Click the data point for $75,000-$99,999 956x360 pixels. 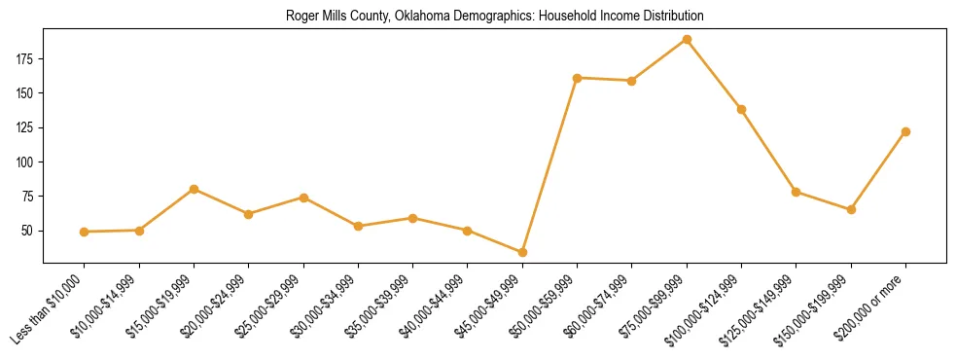pyautogui.click(x=687, y=40)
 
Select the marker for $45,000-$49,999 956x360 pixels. pyautogui.click(x=522, y=252)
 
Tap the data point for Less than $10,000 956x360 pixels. pyautogui.click(x=85, y=232)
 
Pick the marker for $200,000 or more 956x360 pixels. pyautogui.click(x=905, y=131)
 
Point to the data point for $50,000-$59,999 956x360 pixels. pyautogui.click(x=578, y=78)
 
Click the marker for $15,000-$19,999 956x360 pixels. pyautogui.click(x=195, y=189)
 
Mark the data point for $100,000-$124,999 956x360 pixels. pyautogui.click(x=741, y=109)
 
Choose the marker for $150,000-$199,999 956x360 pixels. pyautogui.click(x=851, y=209)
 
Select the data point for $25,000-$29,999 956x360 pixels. pyautogui.click(x=303, y=198)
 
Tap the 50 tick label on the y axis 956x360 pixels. pyautogui.click(x=28, y=231)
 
